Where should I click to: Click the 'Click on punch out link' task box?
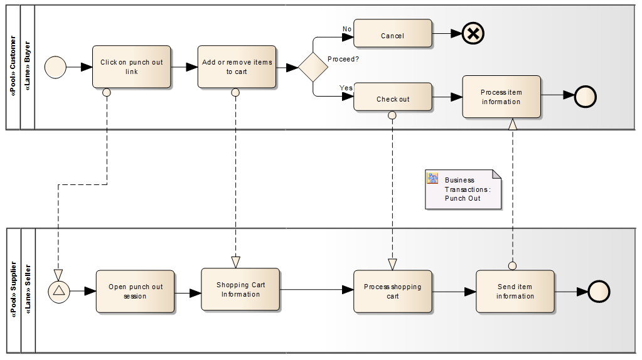click(131, 66)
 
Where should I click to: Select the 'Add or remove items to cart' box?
click(237, 66)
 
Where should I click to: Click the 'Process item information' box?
click(501, 97)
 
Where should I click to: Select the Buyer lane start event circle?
click(56, 66)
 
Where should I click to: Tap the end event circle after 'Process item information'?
click(585, 97)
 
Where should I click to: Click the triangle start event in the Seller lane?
click(59, 291)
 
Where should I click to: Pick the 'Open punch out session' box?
click(135, 291)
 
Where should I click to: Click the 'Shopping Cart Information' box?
click(240, 289)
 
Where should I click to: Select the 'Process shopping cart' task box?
click(393, 291)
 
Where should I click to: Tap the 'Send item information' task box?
click(515, 291)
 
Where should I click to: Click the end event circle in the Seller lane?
click(599, 291)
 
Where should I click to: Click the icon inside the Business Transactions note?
click(432, 178)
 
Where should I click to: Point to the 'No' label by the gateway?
click(347, 29)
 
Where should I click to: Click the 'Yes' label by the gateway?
click(346, 88)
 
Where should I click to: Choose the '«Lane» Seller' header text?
click(28, 290)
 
